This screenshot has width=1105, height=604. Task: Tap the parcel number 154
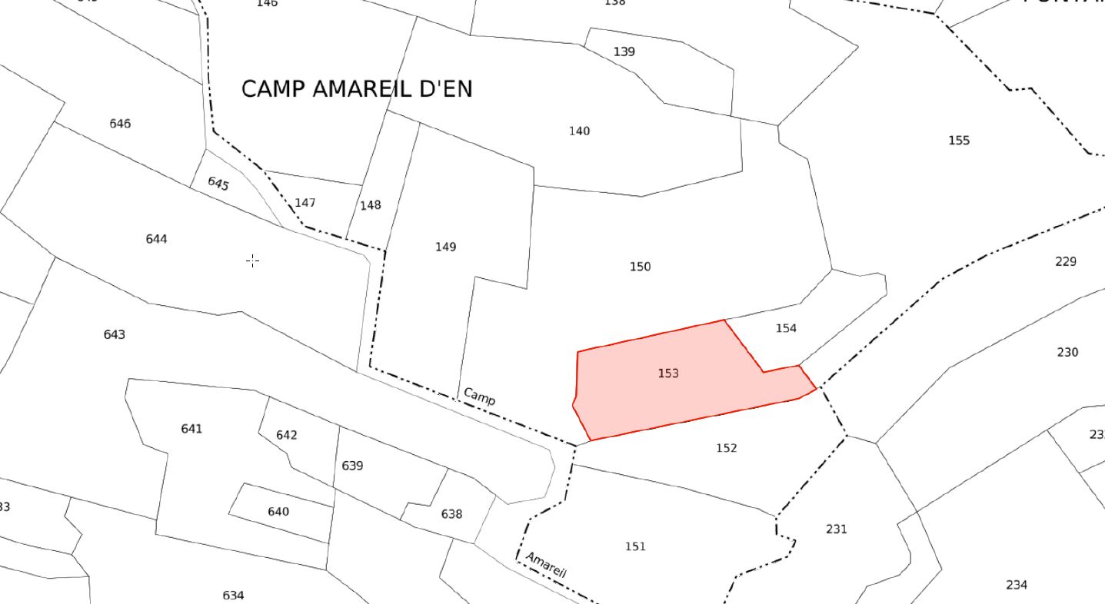(786, 328)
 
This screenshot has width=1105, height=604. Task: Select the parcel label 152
(726, 447)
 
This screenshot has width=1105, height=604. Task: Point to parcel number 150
(640, 267)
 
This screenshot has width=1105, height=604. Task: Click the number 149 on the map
(445, 247)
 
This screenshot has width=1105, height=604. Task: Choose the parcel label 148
(370, 205)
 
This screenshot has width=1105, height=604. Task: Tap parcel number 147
(305, 203)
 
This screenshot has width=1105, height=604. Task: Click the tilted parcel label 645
(218, 184)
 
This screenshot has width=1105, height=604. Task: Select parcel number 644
(156, 239)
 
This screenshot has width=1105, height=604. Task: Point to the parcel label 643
(114, 334)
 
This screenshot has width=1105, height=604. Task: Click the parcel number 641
(191, 428)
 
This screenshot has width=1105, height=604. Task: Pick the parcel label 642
(286, 435)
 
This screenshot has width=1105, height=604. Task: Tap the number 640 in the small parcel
(278, 512)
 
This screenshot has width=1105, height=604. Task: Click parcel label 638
(451, 513)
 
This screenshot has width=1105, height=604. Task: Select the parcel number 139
(624, 51)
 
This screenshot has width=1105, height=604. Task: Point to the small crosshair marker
(252, 261)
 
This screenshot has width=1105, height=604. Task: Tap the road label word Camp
(480, 397)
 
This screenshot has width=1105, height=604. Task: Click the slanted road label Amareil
(546, 565)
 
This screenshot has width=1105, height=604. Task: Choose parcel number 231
(836, 529)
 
